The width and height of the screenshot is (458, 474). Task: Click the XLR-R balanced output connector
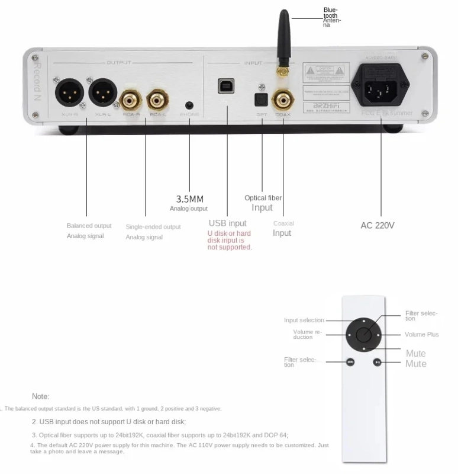pyautogui.click(x=67, y=92)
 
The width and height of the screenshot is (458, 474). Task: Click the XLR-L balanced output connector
pyautogui.click(x=101, y=92)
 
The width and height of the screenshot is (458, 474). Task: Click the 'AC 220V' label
pyautogui.click(x=378, y=225)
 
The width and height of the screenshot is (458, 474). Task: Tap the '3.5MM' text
pyautogui.click(x=189, y=199)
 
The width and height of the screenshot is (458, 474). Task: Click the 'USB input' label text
pyautogui.click(x=227, y=223)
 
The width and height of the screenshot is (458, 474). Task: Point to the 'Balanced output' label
pyautogui.click(x=89, y=226)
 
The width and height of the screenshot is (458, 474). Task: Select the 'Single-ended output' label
pyautogui.click(x=153, y=227)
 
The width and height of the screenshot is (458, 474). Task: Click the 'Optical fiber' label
pyautogui.click(x=263, y=198)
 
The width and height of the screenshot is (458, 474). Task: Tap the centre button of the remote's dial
pyautogui.click(x=365, y=334)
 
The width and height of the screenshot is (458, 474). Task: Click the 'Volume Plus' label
pyautogui.click(x=421, y=335)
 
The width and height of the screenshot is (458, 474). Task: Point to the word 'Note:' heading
pyautogui.click(x=41, y=396)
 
